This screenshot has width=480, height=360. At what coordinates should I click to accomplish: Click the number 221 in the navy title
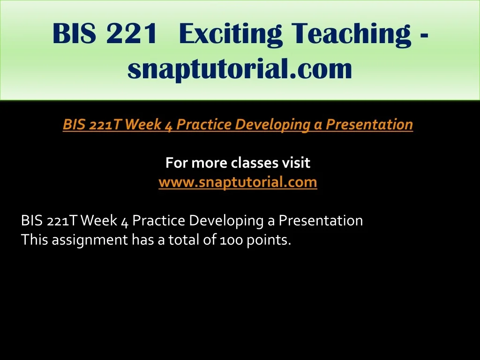132,33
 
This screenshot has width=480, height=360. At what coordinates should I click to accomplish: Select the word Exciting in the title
230,34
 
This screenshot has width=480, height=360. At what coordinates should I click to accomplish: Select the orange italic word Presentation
369,124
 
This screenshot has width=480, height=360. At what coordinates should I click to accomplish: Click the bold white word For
177,163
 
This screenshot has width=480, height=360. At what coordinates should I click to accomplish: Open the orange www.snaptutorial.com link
238,182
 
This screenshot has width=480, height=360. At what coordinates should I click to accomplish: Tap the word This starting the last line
35,240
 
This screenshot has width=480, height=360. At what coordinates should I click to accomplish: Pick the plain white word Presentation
321,220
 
